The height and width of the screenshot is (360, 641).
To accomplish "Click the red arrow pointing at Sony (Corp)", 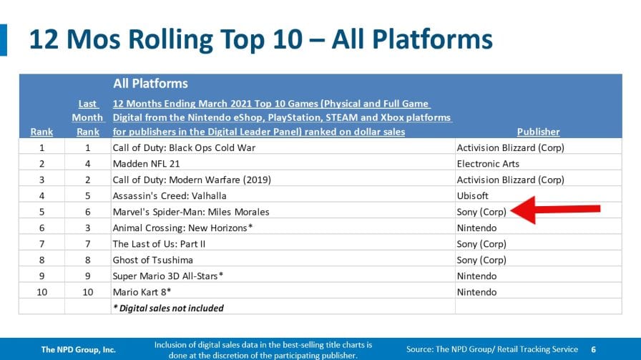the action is point(555,210).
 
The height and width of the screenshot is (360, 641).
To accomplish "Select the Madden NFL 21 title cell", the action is point(147,164).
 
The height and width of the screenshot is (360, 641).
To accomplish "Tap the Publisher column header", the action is point(538,132).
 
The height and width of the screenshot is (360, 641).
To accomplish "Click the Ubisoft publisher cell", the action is point(473,195).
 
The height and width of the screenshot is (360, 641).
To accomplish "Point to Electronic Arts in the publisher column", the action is point(488,164).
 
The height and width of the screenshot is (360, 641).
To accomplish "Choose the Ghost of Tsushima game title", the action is point(153,260).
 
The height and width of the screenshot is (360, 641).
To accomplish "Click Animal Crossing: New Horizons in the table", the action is point(182,228).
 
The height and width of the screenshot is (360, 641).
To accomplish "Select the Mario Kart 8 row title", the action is point(142,292).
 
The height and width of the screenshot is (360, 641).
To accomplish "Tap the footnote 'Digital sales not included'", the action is point(168,308).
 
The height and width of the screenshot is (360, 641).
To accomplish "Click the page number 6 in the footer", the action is point(593,349).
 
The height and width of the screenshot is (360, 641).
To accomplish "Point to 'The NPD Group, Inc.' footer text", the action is point(79,349).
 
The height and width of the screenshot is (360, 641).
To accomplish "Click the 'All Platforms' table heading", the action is point(150,84).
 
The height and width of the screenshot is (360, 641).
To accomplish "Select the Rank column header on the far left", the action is point(41,132).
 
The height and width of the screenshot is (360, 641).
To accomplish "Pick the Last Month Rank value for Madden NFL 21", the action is point(87,164).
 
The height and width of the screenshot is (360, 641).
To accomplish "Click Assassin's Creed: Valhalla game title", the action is point(170,195).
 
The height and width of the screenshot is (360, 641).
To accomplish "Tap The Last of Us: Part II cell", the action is point(159,244).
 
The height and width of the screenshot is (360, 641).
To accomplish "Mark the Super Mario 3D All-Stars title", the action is point(168,276).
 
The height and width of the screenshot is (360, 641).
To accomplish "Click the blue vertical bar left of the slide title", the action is point(4,39).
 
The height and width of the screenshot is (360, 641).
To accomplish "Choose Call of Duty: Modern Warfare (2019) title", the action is point(192,180).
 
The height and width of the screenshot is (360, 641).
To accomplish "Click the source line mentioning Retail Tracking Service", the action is point(491,349).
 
